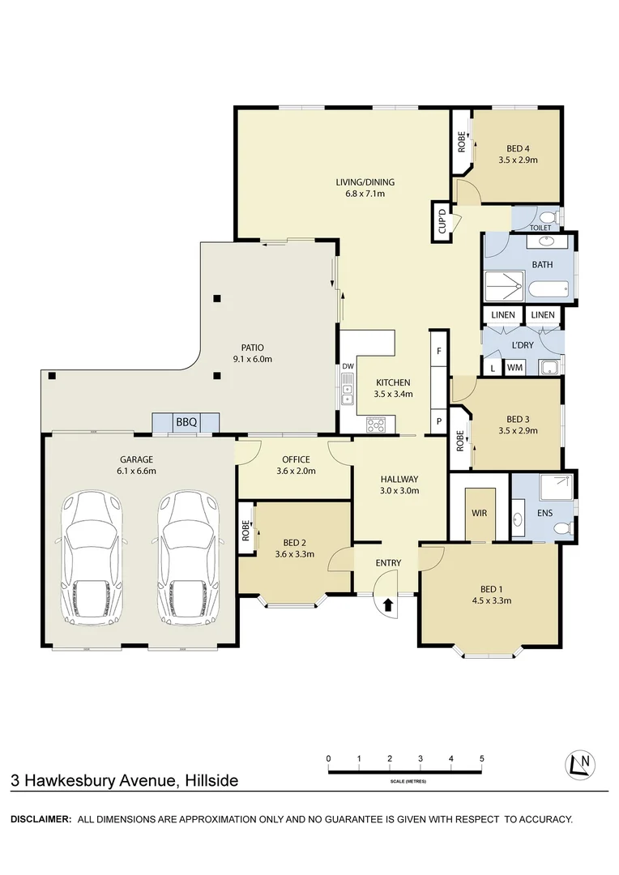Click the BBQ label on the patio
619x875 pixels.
tap(186, 422)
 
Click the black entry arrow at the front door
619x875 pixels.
tap(387, 604)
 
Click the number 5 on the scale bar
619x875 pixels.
tap(481, 758)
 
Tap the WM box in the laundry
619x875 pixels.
tap(514, 368)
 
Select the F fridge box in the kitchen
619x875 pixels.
tap(438, 352)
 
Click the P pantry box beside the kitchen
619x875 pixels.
tap(438, 421)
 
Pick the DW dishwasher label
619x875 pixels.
tap(348, 366)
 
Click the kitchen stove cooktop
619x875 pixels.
tap(378, 423)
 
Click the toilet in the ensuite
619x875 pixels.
tap(560, 528)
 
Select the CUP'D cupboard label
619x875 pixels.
tap(442, 220)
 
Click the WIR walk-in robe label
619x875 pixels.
tap(478, 513)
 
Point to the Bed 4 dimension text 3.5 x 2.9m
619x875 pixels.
tap(518, 160)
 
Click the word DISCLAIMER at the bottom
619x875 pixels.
tap(41, 819)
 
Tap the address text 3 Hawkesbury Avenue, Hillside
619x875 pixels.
tap(125, 781)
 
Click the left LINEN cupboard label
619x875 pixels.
tap(502, 314)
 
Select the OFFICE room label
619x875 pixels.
tap(295, 459)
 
